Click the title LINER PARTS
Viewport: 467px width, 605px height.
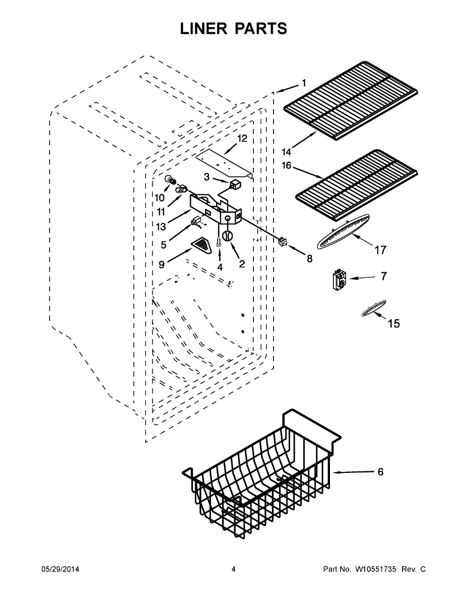[x=233, y=29]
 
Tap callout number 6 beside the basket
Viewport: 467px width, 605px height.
[x=380, y=472]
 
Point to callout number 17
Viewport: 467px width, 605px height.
[x=380, y=250]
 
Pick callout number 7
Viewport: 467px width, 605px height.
[x=384, y=276]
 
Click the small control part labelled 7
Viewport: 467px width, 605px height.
[x=337, y=279]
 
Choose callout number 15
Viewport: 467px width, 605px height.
[x=393, y=323]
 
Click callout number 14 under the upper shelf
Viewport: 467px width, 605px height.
[x=287, y=152]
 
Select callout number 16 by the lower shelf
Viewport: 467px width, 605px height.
[x=287, y=165]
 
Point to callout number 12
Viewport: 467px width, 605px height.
[x=242, y=139]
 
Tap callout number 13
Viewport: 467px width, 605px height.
[x=161, y=227]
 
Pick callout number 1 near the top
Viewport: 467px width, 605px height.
[x=304, y=83]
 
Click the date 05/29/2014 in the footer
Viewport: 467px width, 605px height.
[x=60, y=569]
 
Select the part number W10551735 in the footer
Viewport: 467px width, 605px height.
[x=377, y=569]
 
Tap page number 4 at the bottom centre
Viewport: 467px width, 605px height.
[x=233, y=569]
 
